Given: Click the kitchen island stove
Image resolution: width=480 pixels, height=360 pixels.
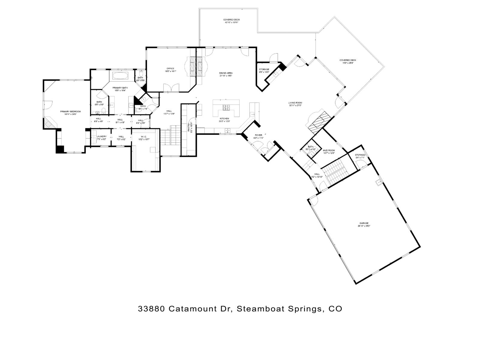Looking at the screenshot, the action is [226, 107].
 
